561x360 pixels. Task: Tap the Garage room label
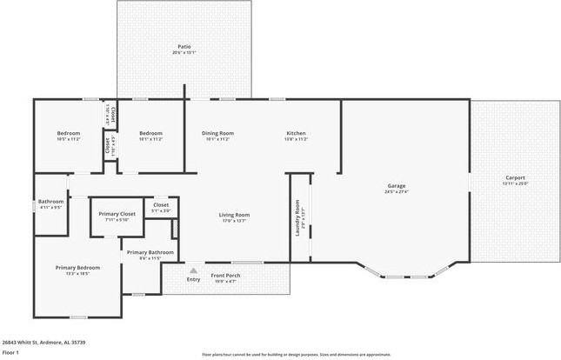point(397,185)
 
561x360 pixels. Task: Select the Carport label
point(516,177)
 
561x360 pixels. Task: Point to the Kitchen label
point(297,133)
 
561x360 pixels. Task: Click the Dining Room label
point(217,133)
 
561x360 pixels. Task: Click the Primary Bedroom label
point(77,267)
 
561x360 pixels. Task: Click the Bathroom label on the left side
point(51,202)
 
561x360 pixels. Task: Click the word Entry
point(193,279)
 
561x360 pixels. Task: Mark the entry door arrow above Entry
point(193,270)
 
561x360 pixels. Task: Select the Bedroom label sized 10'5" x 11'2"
point(68,133)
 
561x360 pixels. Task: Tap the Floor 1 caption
point(10,353)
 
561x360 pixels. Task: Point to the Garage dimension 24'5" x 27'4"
point(397,191)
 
